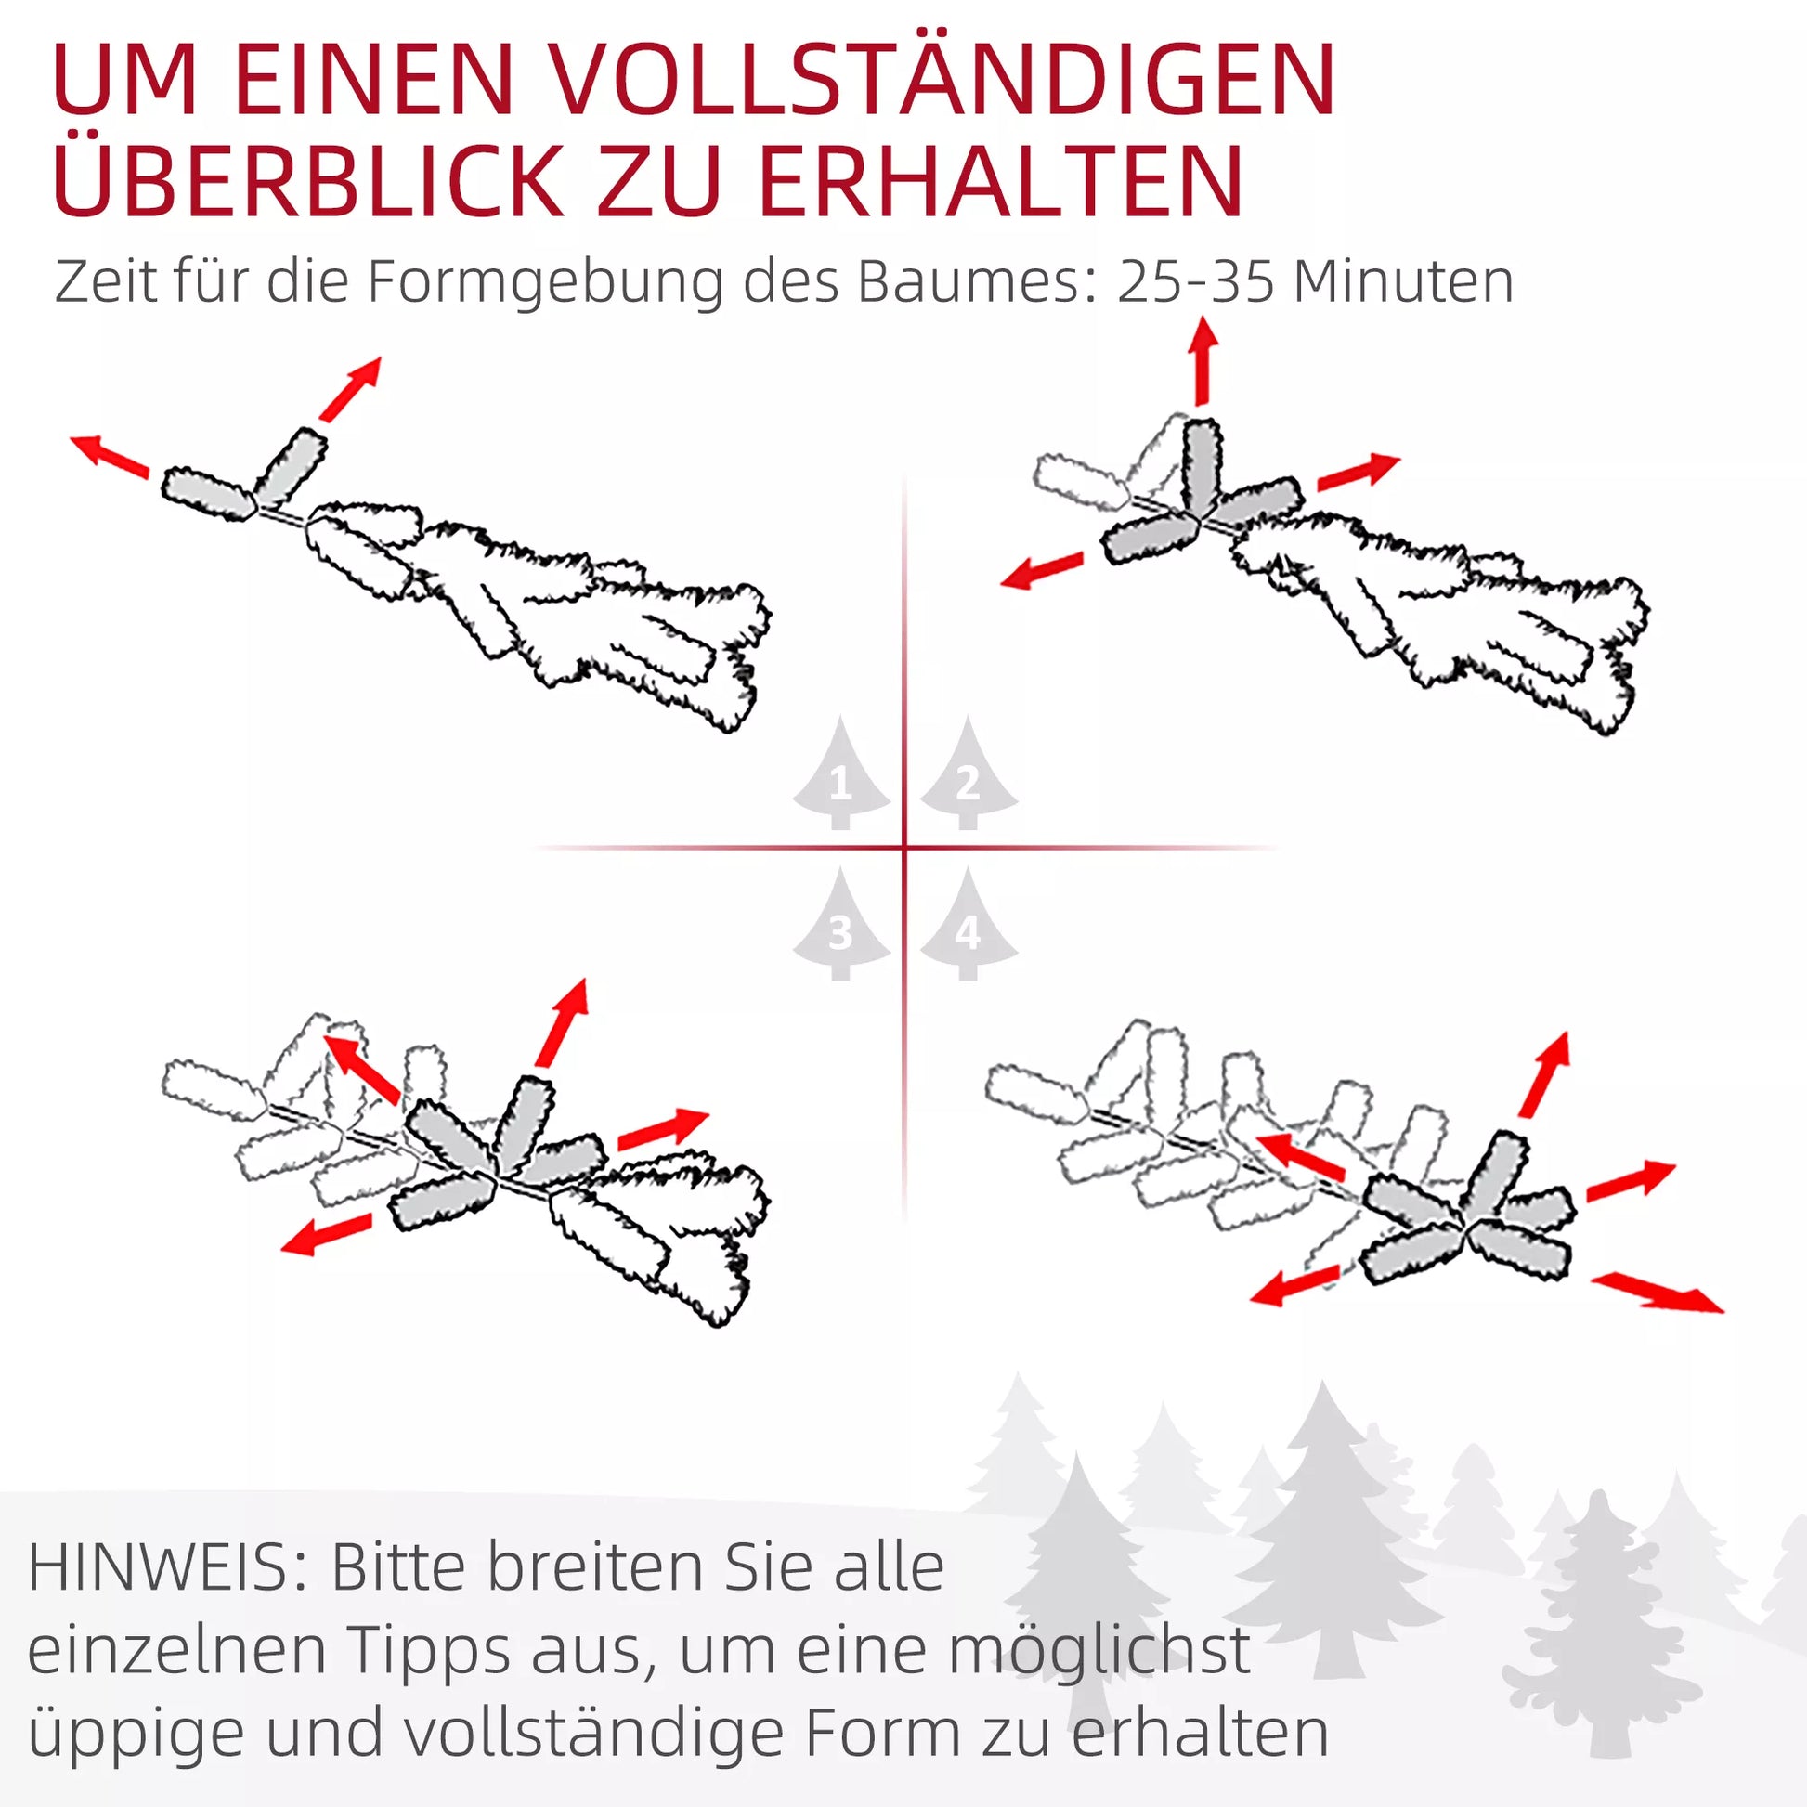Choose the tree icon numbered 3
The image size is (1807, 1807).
click(841, 923)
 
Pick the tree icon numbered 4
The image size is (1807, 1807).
click(968, 923)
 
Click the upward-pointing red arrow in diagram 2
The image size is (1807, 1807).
click(1202, 361)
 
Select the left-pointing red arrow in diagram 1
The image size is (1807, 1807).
click(110, 457)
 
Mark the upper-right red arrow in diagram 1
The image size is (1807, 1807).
click(350, 388)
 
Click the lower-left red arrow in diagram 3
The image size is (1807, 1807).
click(327, 1234)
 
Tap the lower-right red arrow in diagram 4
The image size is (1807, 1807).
click(1657, 1292)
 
